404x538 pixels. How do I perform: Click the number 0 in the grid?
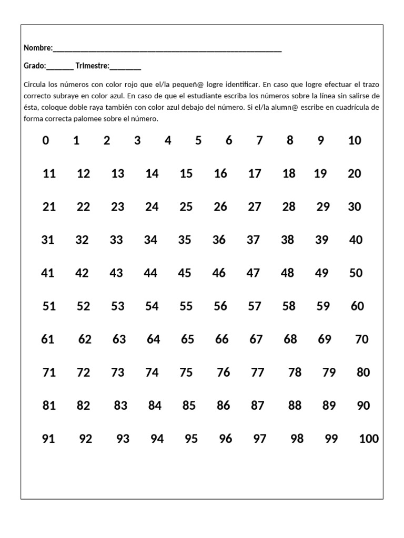coord(46,141)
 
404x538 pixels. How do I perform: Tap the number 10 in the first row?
coord(355,141)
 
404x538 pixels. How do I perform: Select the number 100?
coord(369,439)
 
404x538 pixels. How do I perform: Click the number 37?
coord(254,240)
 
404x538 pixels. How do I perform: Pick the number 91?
coord(48,439)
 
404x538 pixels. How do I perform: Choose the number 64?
coord(154,339)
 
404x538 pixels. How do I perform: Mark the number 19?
coord(320,174)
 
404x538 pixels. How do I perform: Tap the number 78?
coord(295,373)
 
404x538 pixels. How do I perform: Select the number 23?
coord(118,207)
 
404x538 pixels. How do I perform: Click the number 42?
coord(82,273)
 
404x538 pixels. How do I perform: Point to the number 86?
coord(224,406)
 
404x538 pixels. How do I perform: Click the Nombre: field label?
coord(38,48)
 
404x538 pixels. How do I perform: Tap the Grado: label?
coord(35,66)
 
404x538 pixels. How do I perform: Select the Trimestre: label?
coord(93,66)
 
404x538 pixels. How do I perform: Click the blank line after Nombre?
coord(167,50)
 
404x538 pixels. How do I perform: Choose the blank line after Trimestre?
coord(125,68)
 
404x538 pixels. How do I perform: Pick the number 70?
coord(362,339)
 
